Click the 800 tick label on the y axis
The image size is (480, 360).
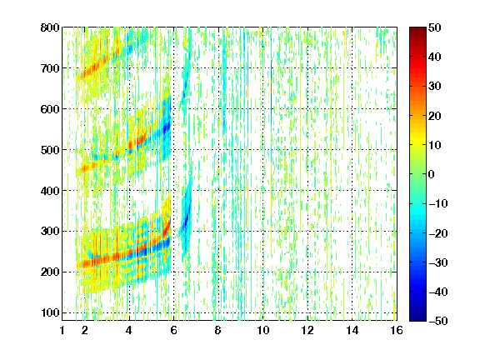(x=50, y=27)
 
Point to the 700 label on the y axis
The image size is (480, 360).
(x=50, y=68)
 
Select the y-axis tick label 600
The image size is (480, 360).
(x=50, y=109)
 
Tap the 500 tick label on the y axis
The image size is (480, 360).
(x=50, y=150)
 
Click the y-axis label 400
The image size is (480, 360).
(x=50, y=191)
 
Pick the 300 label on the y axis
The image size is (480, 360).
(x=50, y=231)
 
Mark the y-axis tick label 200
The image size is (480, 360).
(x=50, y=272)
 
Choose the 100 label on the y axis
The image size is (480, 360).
(x=50, y=312)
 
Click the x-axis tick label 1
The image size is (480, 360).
(x=62, y=330)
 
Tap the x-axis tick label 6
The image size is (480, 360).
(x=174, y=330)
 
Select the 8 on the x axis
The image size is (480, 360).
(x=218, y=330)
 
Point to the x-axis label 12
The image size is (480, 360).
(x=307, y=330)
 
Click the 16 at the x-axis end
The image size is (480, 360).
(x=397, y=330)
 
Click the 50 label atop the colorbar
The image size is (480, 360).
(x=435, y=27)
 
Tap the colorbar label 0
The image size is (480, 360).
(x=432, y=174)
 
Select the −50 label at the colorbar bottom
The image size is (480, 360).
(x=438, y=321)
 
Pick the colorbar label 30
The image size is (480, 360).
(x=435, y=87)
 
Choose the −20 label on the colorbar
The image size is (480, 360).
(x=438, y=233)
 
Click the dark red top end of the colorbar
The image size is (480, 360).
(x=417, y=30)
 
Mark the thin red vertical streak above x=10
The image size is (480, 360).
(x=271, y=77)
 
